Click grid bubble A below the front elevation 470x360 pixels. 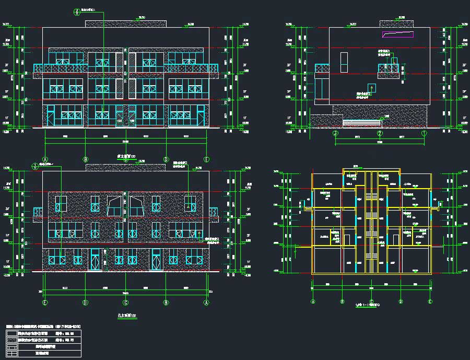tap(45, 159)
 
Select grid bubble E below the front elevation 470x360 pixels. tap(207, 159)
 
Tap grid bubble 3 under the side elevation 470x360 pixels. tap(335, 133)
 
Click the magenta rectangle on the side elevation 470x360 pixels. tap(398, 34)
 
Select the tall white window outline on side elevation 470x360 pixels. tap(344, 62)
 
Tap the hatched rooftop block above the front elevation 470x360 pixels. tap(125, 24)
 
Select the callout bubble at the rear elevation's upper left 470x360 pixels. tap(36, 166)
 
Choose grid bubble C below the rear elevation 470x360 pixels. tap(125, 302)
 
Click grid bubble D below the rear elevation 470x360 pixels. tap(85, 302)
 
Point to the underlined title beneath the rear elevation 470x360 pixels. tap(125, 316)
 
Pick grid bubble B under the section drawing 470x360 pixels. tap(342, 301)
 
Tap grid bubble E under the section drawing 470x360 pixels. tap(430, 301)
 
